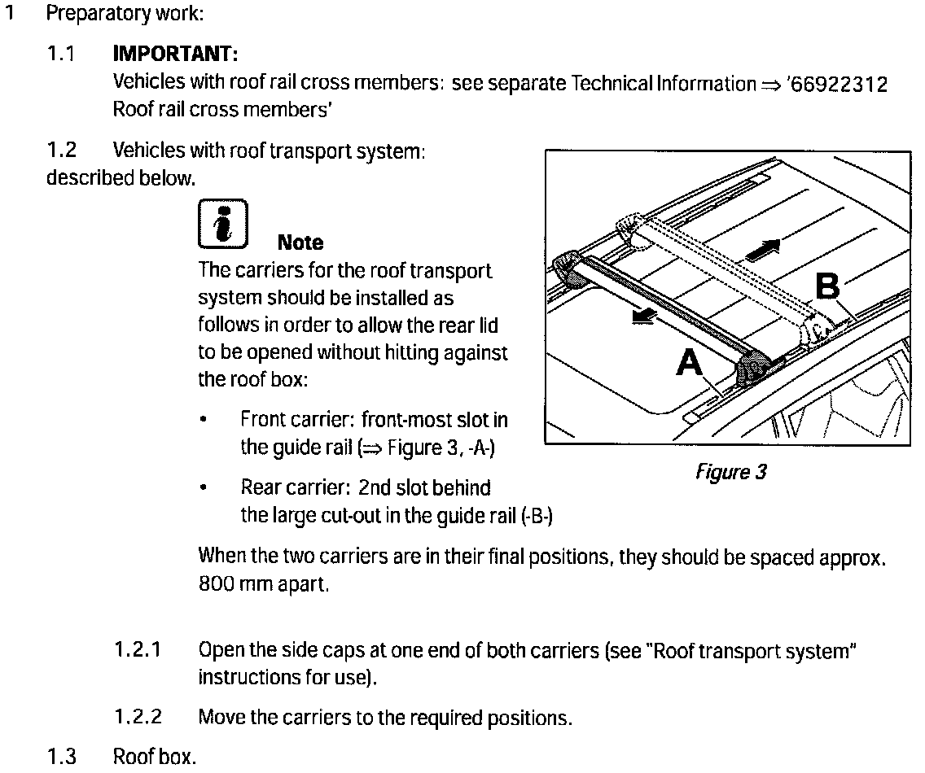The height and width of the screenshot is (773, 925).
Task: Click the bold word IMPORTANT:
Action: pyautogui.click(x=174, y=55)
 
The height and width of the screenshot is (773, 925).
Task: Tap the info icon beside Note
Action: pyautogui.click(x=222, y=223)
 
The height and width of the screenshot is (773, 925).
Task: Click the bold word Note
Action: pyautogui.click(x=300, y=242)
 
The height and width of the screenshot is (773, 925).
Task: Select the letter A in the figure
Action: pyautogui.click(x=690, y=362)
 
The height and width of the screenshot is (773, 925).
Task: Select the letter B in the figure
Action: pyautogui.click(x=827, y=286)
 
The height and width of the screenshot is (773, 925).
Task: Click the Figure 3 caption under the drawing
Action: pyautogui.click(x=731, y=473)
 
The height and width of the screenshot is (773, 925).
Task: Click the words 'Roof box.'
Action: pyautogui.click(x=155, y=758)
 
